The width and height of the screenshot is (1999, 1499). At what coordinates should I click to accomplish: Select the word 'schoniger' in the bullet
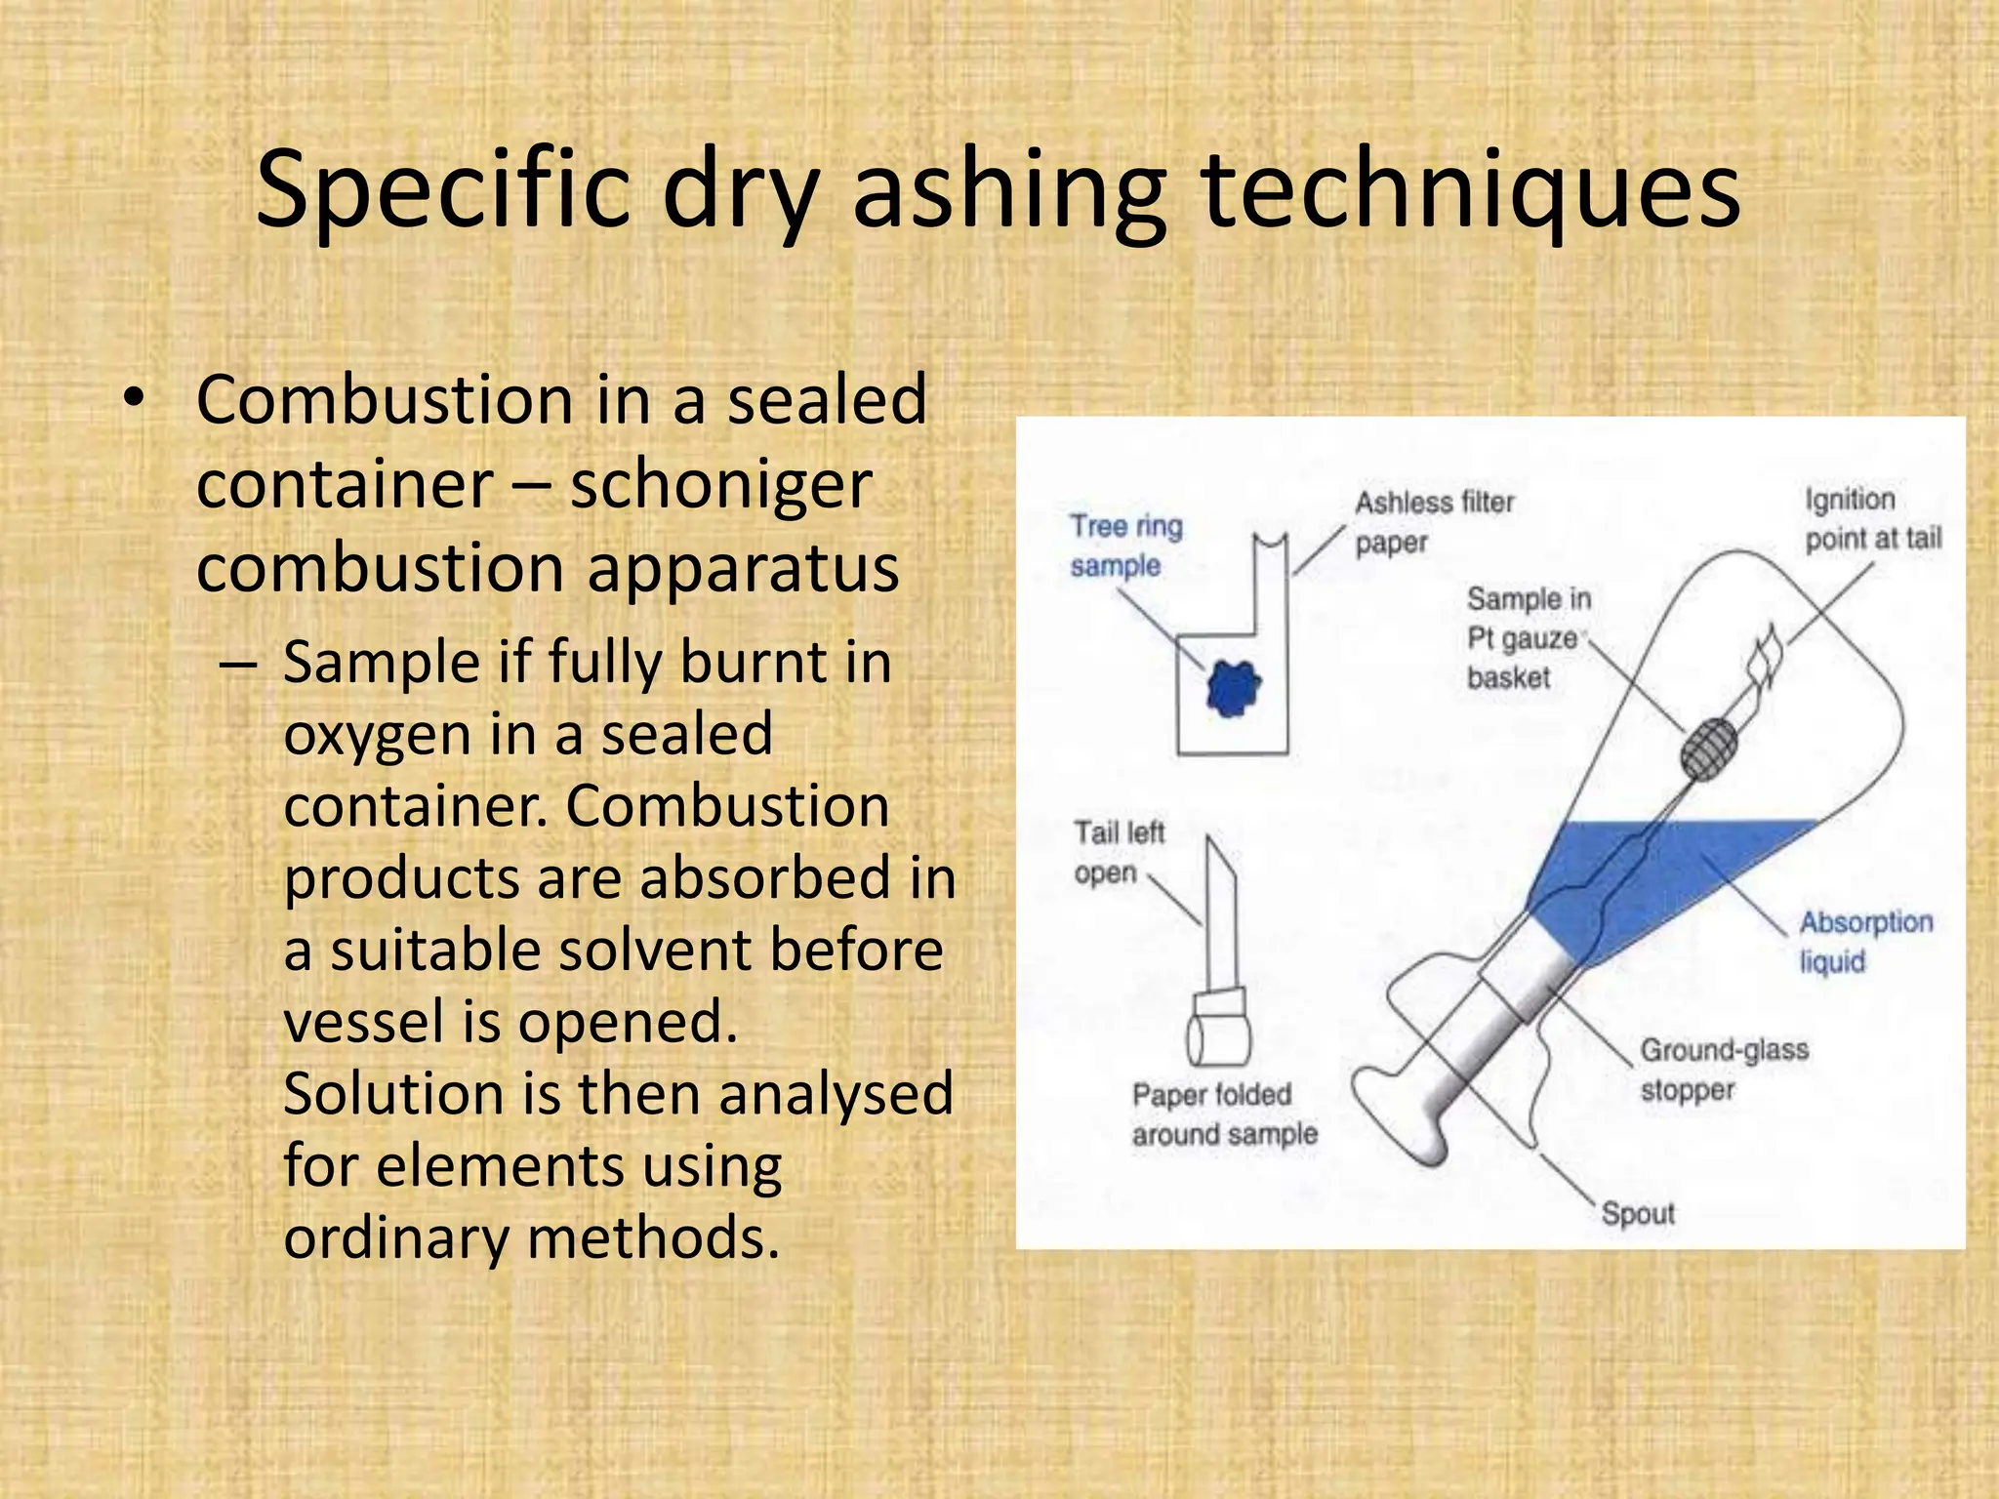pyautogui.click(x=720, y=484)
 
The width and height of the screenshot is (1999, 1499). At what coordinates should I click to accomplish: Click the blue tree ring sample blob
pyautogui.click(x=1233, y=688)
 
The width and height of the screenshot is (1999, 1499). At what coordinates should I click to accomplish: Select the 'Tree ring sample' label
pyautogui.click(x=1124, y=546)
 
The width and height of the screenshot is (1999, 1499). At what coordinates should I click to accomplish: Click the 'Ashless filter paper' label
pyautogui.click(x=1433, y=522)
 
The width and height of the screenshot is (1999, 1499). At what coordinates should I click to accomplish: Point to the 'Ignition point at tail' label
pyautogui.click(x=1872, y=519)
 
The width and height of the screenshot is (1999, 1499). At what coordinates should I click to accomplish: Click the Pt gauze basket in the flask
pyautogui.click(x=1709, y=749)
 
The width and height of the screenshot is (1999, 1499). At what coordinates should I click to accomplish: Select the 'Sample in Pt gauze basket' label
pyautogui.click(x=1528, y=637)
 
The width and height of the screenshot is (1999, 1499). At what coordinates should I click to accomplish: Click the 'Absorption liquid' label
pyautogui.click(x=1864, y=942)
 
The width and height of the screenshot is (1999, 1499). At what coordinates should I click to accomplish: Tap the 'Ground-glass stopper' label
pyautogui.click(x=1723, y=1070)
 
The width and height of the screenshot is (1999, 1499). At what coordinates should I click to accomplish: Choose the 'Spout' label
pyautogui.click(x=1637, y=1214)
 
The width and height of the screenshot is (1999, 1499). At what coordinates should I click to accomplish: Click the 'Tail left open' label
pyautogui.click(x=1119, y=852)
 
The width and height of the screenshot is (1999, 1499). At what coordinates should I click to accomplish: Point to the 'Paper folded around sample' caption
pyautogui.click(x=1224, y=1114)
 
